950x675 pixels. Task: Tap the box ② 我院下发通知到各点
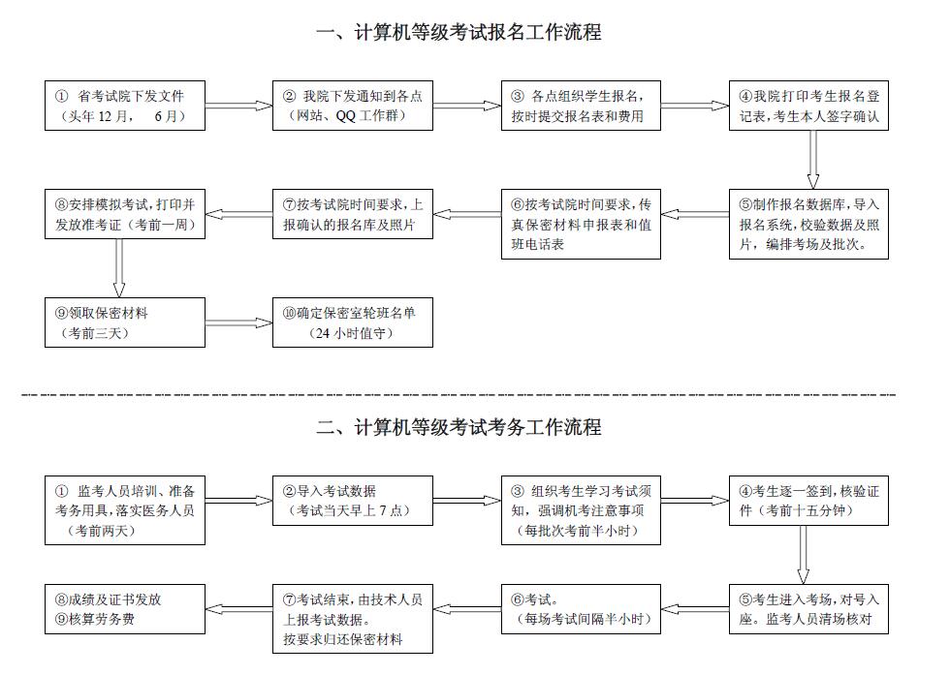coord(353,106)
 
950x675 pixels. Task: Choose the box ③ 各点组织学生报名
coord(581,106)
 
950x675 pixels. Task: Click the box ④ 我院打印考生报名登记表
coord(808,106)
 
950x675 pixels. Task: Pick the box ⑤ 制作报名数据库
coord(808,223)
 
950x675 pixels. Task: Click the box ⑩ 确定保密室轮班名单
coord(353,322)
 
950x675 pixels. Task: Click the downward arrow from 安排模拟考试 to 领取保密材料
coord(119,267)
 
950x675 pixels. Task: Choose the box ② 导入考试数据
coord(353,500)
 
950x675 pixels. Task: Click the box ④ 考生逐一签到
coord(808,500)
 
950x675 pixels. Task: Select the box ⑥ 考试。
coord(581,608)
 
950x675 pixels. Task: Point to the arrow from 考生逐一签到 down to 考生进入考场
coord(803,555)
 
